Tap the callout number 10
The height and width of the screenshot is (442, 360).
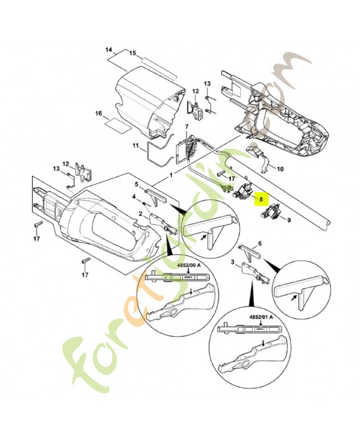(280, 169)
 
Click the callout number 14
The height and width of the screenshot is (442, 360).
(109, 50)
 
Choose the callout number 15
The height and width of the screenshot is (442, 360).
(133, 53)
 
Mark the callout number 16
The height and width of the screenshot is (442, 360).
(99, 114)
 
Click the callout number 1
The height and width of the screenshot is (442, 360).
(171, 175)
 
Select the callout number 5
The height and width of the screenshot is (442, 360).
(136, 184)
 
